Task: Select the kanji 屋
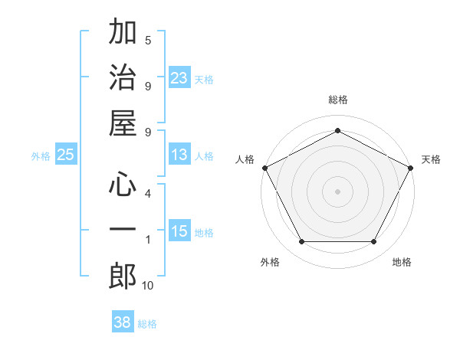tap(123, 123)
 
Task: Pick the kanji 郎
tap(123, 276)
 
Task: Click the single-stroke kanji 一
tap(123, 231)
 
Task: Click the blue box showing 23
tap(179, 77)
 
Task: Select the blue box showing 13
tap(179, 155)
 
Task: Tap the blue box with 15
tap(179, 231)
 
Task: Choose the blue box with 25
tap(65, 155)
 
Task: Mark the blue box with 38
tap(123, 322)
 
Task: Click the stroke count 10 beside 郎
tap(148, 286)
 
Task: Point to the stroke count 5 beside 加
tap(148, 40)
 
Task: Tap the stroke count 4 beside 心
tap(148, 193)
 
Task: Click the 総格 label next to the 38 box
tap(147, 324)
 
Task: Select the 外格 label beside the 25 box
tap(41, 156)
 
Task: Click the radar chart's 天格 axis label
tap(431, 159)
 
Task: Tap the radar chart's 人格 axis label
tap(245, 159)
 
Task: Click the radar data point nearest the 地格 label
tap(373, 242)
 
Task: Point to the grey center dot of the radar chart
tap(337, 191)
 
